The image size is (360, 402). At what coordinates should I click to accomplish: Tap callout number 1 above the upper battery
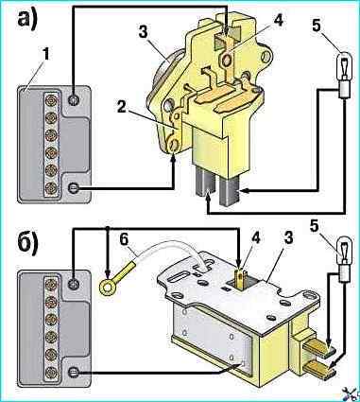46,55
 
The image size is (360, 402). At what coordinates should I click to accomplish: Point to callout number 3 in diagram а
144,32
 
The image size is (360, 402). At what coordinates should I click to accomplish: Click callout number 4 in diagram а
278,20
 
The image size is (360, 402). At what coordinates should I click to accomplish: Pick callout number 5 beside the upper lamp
317,26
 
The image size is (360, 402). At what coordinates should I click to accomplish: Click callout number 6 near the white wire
125,240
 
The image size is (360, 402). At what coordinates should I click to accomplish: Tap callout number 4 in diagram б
256,238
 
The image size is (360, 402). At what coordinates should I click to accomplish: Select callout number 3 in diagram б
288,238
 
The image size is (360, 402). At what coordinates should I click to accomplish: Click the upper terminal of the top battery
74,100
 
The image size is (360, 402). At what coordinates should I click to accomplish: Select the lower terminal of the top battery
74,188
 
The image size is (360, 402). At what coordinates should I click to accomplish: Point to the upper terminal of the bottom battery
74,282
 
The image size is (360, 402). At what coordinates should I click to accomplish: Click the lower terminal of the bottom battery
74,373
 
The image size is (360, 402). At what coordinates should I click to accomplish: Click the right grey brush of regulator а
230,191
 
